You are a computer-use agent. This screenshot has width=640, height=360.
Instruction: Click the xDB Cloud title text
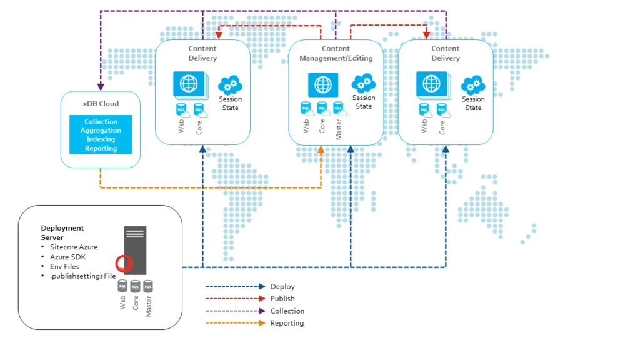pos(101,104)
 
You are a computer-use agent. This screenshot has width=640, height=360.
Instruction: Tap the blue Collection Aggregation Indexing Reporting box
pos(101,135)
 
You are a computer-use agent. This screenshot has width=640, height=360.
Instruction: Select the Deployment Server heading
pos(62,232)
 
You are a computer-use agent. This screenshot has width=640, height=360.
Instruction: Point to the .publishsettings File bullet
pos(82,276)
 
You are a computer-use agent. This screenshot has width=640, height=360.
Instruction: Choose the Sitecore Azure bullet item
pos(74,247)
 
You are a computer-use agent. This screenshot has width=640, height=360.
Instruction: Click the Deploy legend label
pos(282,287)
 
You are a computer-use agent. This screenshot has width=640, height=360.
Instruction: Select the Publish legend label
pos(282,299)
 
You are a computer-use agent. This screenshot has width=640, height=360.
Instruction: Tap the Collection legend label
pos(287,311)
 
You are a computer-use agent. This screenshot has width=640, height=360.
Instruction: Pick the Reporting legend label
pos(287,323)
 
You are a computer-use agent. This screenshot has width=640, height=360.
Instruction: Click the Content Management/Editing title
pos(336,53)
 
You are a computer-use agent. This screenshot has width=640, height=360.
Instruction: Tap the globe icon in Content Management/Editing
pos(322,84)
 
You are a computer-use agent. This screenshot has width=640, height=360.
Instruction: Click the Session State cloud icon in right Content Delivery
pos(473,84)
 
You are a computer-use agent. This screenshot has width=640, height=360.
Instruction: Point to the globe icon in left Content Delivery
pos(189,83)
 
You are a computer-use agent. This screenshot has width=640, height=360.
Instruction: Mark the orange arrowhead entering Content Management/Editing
pos(321,150)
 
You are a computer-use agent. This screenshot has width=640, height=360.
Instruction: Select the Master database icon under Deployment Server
pos(148,286)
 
